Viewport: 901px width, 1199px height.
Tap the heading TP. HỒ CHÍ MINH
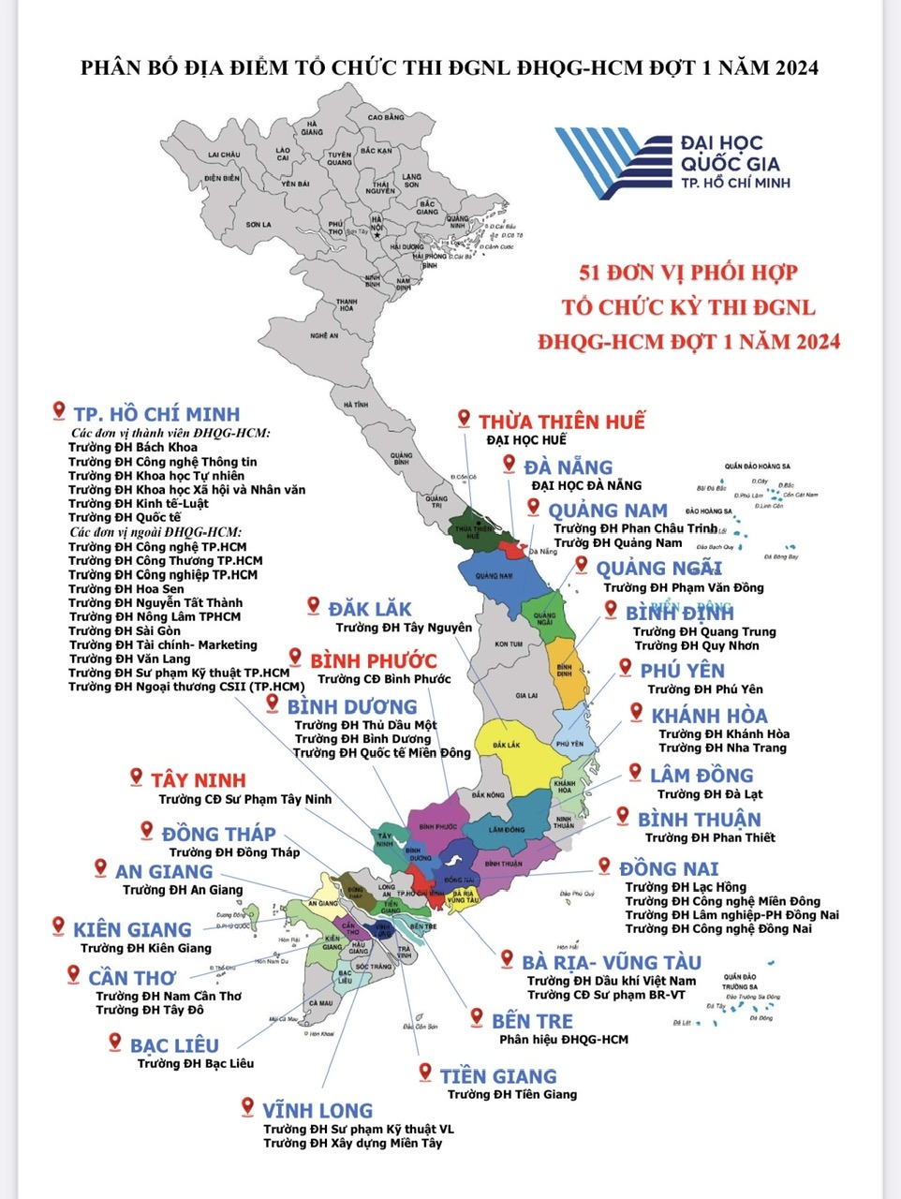(156, 414)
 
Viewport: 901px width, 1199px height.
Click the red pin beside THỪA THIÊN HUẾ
(464, 419)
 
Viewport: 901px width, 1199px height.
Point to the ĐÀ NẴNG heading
(568, 466)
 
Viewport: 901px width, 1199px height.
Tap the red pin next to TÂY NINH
(135, 777)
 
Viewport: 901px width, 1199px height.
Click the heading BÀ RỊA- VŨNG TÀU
(611, 962)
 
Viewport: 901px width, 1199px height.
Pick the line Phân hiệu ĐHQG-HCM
(563, 1039)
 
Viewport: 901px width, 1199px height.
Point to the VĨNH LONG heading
(317, 1111)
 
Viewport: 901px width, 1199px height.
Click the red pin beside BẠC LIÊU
(114, 1042)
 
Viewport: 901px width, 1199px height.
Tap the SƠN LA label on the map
(258, 225)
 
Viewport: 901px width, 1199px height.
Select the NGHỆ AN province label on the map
(324, 334)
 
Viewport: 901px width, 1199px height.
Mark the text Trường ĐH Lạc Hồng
(686, 886)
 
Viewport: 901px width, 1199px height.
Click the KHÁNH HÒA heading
(709, 716)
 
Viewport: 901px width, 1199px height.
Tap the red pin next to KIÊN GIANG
(58, 926)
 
